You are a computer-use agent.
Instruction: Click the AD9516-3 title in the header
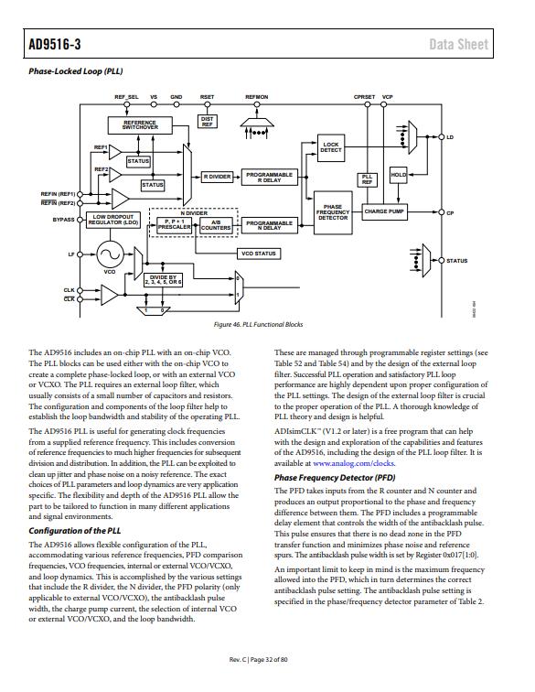(55, 44)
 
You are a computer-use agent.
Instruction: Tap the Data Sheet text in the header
(459, 44)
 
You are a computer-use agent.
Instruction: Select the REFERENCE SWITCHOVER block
(140, 125)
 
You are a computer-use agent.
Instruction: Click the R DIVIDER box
(217, 177)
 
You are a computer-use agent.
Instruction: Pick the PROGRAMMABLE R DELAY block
(270, 178)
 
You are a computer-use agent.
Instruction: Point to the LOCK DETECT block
(331, 148)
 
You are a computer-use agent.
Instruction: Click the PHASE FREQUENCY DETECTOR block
(333, 212)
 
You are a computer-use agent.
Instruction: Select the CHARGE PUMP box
(384, 211)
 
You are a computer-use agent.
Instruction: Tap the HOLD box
(398, 175)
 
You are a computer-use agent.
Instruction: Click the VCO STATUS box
(259, 254)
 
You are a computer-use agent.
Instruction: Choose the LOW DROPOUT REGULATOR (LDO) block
(113, 220)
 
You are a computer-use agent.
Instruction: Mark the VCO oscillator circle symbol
(110, 254)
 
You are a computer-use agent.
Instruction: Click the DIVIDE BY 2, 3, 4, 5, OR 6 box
(163, 280)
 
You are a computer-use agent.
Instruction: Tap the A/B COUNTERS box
(216, 225)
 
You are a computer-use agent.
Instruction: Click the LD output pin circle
(442, 136)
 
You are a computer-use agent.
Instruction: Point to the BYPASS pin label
(63, 220)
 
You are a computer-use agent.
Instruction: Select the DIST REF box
(208, 122)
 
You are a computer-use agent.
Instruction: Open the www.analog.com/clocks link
(354, 463)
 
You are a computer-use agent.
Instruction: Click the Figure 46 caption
(259, 324)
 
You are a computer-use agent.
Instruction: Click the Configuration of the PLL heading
(75, 531)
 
